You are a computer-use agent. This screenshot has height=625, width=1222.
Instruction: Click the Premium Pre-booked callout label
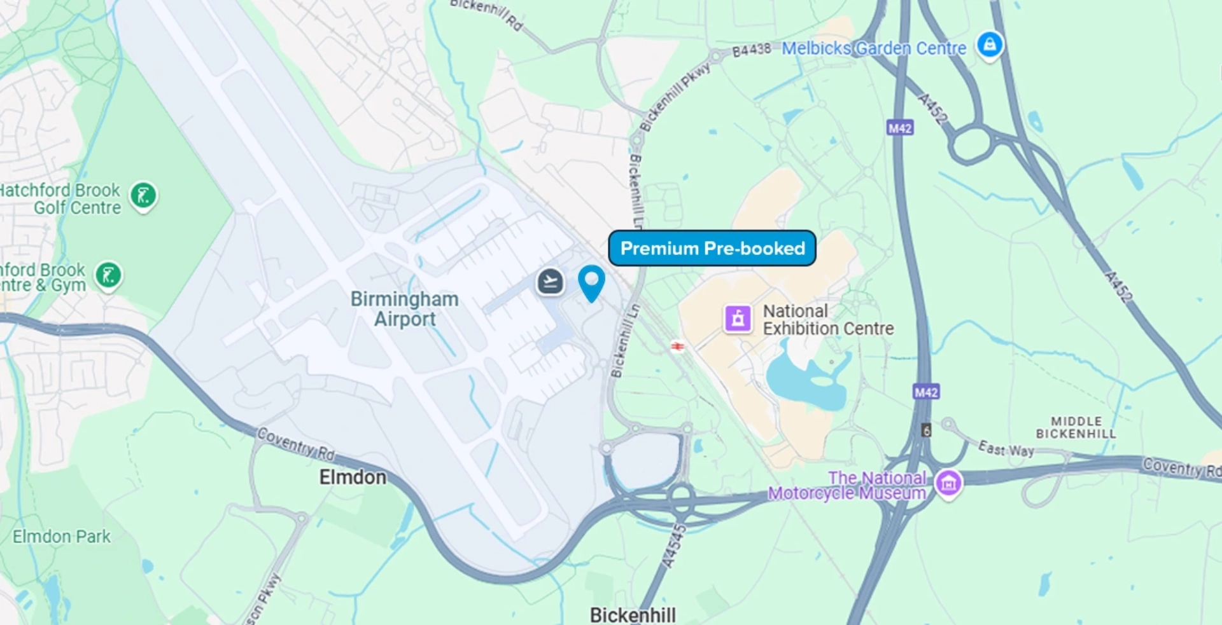712,248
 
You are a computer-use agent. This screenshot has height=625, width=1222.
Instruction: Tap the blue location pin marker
591,282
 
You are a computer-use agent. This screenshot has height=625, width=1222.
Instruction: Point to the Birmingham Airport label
405,309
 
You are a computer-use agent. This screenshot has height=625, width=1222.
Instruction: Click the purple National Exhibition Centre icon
738,319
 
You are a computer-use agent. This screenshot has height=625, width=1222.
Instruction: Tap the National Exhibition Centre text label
827,320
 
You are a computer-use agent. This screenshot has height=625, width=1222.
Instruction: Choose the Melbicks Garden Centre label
873,48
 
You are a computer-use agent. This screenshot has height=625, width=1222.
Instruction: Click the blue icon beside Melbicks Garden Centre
990,45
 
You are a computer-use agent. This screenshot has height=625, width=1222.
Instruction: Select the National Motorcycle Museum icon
948,484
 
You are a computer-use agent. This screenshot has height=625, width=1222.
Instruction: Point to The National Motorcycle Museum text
848,486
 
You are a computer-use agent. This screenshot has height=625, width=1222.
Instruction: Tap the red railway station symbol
678,347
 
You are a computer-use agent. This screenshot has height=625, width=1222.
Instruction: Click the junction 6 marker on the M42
927,430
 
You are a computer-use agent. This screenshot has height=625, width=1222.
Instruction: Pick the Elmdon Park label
62,537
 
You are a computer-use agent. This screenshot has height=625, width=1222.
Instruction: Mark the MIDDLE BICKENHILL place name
1076,427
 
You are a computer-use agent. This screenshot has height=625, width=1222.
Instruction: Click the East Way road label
1006,449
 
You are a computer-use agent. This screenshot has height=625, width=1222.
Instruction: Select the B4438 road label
751,50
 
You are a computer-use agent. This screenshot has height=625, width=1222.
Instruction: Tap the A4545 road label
673,546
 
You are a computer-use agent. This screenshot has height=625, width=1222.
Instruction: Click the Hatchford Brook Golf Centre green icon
143,196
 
